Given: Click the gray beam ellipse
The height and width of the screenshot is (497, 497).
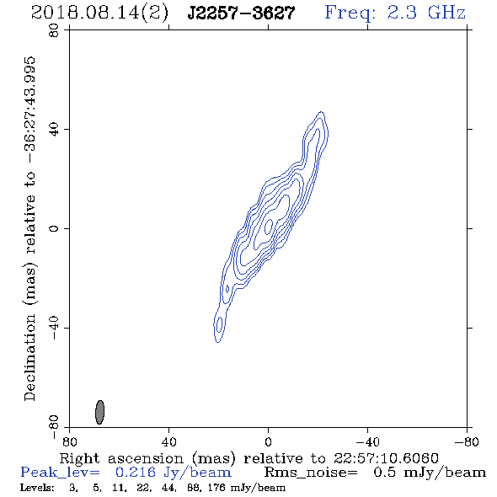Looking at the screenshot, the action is pyautogui.click(x=100, y=412).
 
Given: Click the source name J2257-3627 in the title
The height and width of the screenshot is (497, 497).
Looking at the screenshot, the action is pyautogui.click(x=241, y=13).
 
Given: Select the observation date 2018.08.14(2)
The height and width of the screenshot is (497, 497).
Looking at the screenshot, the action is pyautogui.click(x=99, y=13).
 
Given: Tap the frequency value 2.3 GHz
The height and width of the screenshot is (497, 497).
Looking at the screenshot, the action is pyautogui.click(x=426, y=13).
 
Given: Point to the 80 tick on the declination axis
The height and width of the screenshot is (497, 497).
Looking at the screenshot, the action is pyautogui.click(x=54, y=30).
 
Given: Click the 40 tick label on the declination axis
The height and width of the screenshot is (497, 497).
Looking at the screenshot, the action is pyautogui.click(x=54, y=130).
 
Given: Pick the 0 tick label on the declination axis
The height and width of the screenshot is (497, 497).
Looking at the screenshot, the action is pyautogui.click(x=54, y=228).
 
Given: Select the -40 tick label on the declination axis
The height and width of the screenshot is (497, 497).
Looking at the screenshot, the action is pyautogui.click(x=54, y=328).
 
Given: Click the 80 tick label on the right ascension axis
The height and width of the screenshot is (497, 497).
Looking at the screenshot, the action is pyautogui.click(x=69, y=442).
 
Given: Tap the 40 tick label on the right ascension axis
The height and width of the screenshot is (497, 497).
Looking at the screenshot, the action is pyautogui.click(x=168, y=442).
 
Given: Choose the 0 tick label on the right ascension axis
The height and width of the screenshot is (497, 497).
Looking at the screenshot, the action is pyautogui.click(x=268, y=442).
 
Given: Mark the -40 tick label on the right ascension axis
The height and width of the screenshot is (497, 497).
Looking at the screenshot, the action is pyautogui.click(x=367, y=442).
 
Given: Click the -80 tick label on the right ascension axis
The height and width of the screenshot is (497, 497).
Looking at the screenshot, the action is pyautogui.click(x=467, y=442).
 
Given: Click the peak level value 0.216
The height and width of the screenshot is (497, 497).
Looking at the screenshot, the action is pyautogui.click(x=136, y=473).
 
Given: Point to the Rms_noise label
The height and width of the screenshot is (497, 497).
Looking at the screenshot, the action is pyautogui.click(x=311, y=473).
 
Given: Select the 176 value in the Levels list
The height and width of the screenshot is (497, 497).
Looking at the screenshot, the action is pyautogui.click(x=217, y=487).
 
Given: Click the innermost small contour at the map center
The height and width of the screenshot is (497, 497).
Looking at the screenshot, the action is pyautogui.click(x=269, y=227).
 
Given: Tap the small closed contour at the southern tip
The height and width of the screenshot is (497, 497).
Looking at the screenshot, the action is pyautogui.click(x=219, y=325).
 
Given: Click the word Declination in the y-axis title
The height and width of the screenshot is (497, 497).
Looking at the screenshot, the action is pyautogui.click(x=29, y=357).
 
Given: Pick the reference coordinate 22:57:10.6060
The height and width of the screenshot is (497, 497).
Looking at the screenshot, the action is pyautogui.click(x=386, y=458).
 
